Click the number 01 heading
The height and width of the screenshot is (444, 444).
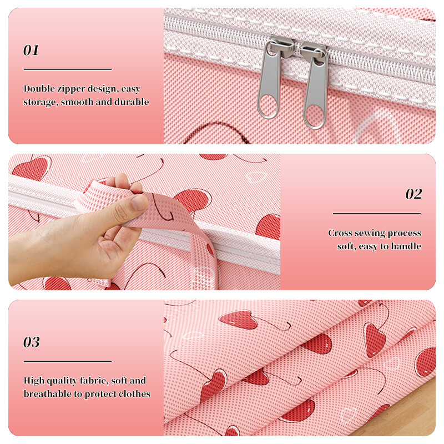[x=31, y=51]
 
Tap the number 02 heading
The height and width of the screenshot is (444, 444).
[x=413, y=194]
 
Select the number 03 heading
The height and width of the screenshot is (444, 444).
[x=32, y=342]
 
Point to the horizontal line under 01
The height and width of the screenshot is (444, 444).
[x=68, y=69]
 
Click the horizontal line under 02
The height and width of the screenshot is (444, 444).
[x=377, y=213]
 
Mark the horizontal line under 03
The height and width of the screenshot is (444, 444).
[x=68, y=361]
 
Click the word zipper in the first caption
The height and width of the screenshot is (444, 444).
[x=71, y=89]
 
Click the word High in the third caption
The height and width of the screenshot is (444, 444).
[x=34, y=381]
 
